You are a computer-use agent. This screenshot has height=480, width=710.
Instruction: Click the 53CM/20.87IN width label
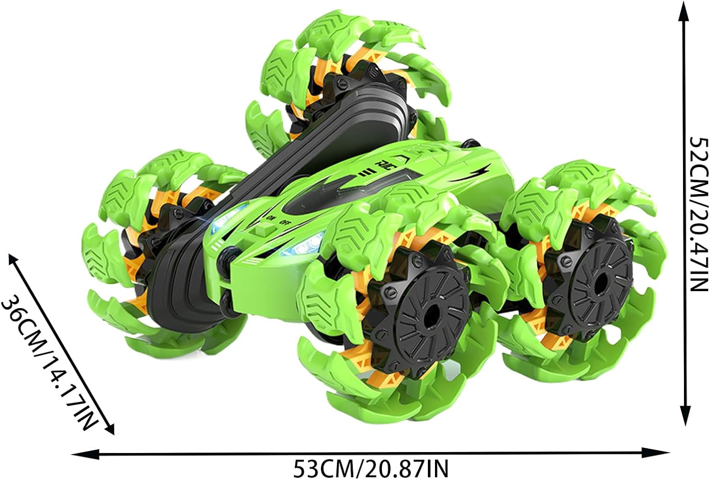pyautogui.click(x=371, y=469)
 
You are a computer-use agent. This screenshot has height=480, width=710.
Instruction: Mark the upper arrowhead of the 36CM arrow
pyautogui.click(x=15, y=263)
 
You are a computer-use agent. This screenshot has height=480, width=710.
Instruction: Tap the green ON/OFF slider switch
pyautogui.click(x=265, y=228)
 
